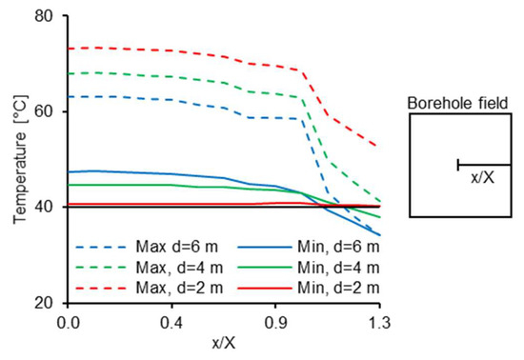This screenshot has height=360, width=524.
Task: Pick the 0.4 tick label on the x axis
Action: click(x=171, y=323)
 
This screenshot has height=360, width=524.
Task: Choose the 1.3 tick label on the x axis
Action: click(x=379, y=323)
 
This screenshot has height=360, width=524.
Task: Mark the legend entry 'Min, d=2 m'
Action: click(x=286, y=287)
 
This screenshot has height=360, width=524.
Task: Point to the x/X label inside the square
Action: click(x=482, y=177)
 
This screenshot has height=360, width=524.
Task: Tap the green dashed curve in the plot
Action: click(x=191, y=78)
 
